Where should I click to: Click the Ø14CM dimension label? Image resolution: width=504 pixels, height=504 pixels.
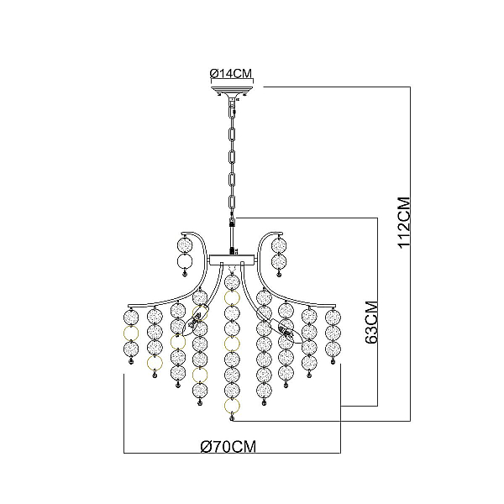[231, 74]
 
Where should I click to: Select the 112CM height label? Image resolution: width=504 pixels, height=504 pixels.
[404, 223]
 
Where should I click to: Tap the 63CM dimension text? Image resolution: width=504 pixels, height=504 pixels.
[371, 323]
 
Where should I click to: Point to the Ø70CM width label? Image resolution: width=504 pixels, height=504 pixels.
[228, 447]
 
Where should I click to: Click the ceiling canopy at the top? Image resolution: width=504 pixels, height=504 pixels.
[232, 90]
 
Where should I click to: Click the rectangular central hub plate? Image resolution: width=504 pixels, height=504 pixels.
[232, 260]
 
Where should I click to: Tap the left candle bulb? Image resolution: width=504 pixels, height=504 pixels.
[195, 320]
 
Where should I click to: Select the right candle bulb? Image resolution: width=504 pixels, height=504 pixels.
[286, 331]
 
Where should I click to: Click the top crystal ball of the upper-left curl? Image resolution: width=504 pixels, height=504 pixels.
[185, 245]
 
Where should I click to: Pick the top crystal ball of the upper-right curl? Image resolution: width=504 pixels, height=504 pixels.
[279, 246]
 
